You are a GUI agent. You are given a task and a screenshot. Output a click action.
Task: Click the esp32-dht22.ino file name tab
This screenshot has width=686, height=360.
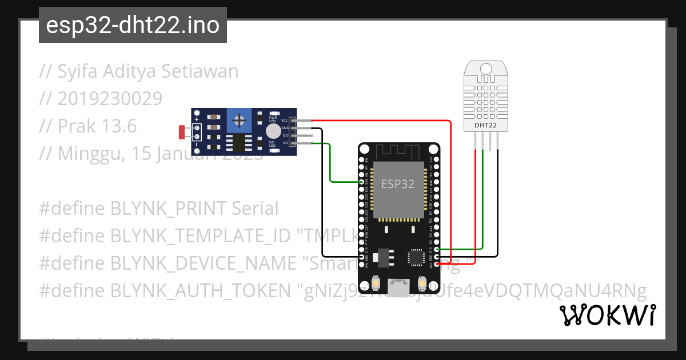coord(133,25)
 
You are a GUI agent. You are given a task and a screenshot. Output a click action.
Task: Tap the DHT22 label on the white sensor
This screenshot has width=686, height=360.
coord(485,125)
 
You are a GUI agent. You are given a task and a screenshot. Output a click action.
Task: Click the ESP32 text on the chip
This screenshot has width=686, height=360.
coord(398,184)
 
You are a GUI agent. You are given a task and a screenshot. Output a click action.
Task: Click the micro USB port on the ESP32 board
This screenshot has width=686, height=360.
coord(398,286)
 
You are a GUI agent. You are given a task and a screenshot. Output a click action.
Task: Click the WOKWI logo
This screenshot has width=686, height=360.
coord(608,315)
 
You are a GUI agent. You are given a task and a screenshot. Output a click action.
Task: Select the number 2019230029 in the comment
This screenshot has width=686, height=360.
coord(110,99)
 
